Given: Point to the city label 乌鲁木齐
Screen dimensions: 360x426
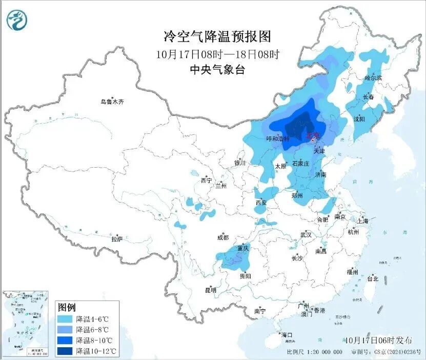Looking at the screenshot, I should (x=112, y=102).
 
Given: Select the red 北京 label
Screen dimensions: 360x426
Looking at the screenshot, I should (x=312, y=136).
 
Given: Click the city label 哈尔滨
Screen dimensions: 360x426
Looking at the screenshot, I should (x=373, y=78).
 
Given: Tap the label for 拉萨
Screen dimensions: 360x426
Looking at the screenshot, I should (x=117, y=238).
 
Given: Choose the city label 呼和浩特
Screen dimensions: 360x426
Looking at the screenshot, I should (x=278, y=138).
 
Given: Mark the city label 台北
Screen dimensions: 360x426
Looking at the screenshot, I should (x=372, y=278).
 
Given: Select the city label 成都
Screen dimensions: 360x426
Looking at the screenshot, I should (x=222, y=237).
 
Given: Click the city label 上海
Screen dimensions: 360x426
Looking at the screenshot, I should (x=363, y=221).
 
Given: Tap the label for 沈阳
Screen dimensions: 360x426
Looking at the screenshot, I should (x=359, y=119).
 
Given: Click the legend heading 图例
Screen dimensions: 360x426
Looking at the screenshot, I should (x=67, y=308).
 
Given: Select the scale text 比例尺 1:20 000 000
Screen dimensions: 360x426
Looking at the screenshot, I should (x=314, y=352).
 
